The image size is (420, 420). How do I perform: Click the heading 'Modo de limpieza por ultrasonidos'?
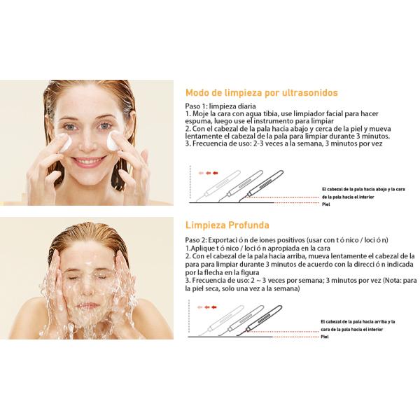coord(261,92)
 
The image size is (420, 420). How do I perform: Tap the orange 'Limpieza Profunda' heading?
coord(228,225)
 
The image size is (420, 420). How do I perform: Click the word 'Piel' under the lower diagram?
coord(325,337)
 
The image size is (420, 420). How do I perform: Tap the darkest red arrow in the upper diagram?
coord(215,171)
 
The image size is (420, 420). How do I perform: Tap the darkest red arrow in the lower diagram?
coord(215,307)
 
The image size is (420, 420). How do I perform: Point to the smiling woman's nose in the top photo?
coord(89,143)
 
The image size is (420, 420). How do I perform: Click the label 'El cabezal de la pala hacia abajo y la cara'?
coord(363,189)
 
